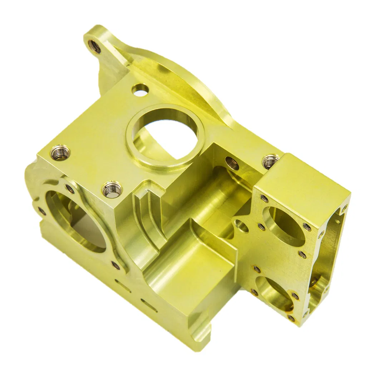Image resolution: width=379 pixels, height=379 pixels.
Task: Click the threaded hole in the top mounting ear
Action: [x=95, y=45]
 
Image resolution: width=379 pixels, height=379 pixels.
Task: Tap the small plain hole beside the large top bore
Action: [x=140, y=90]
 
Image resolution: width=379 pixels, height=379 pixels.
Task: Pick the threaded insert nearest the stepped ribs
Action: [x=112, y=189]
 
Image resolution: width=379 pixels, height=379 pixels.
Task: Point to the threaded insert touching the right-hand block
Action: [x=271, y=161]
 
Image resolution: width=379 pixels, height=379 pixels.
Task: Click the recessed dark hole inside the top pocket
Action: [x=232, y=163]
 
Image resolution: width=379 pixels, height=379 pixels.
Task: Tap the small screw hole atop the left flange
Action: [x=69, y=189]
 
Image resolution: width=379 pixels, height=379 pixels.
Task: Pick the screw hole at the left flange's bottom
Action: [x=115, y=265]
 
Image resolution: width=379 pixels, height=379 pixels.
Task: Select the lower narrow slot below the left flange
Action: [x=148, y=305]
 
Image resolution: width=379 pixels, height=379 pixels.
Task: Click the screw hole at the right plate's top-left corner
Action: [x=264, y=198]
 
